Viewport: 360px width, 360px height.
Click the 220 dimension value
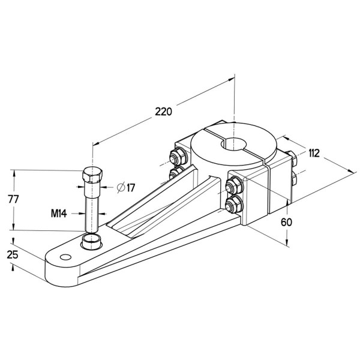163,112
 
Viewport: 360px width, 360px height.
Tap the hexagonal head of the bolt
92,176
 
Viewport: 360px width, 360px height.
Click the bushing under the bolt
92,242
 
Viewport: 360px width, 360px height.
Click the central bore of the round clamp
235,145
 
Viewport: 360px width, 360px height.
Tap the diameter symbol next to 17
121,188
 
